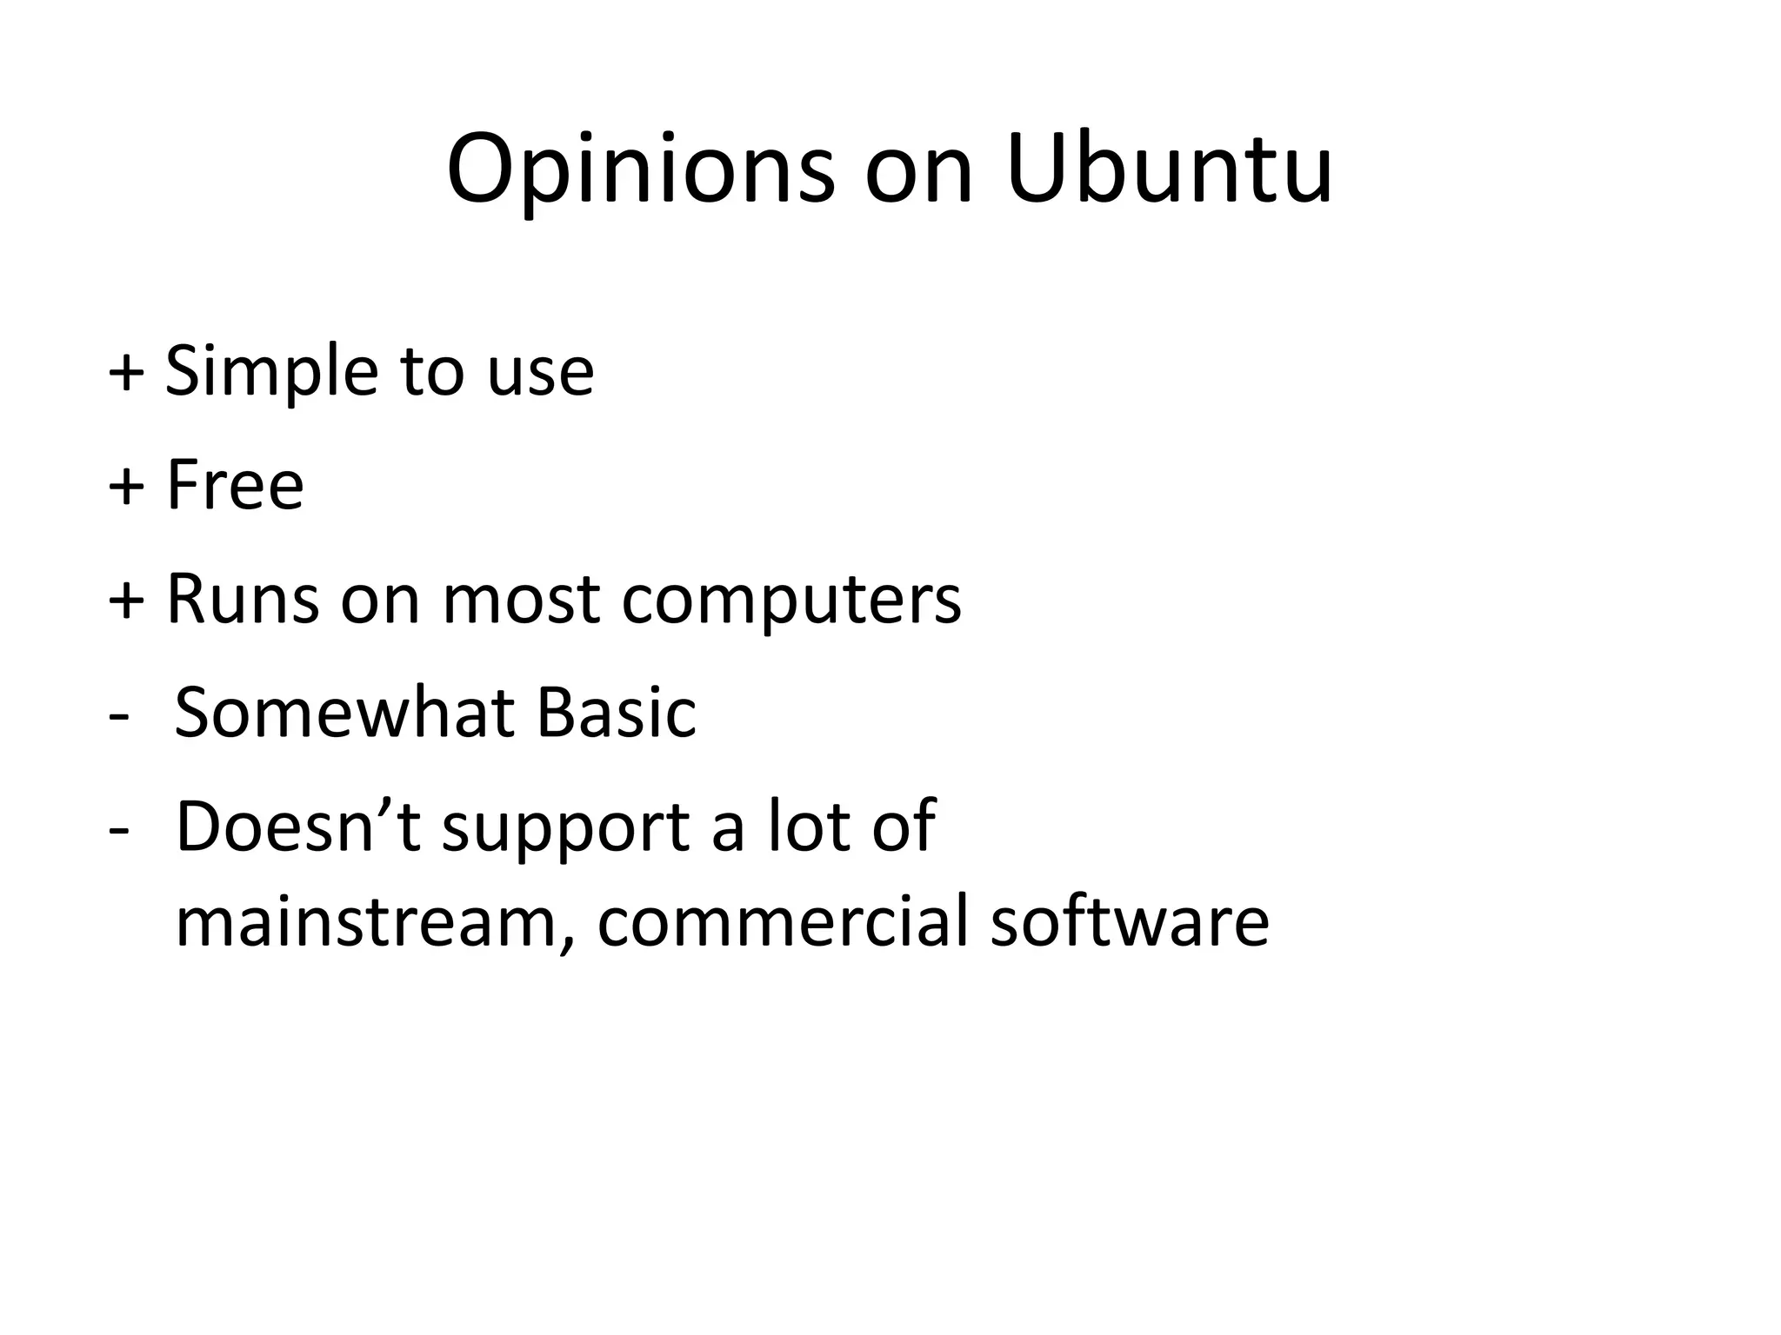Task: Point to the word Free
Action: coord(235,484)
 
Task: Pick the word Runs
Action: coord(243,599)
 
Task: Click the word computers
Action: coord(791,601)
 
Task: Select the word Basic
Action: coord(616,713)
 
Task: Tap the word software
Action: coord(1130,922)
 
